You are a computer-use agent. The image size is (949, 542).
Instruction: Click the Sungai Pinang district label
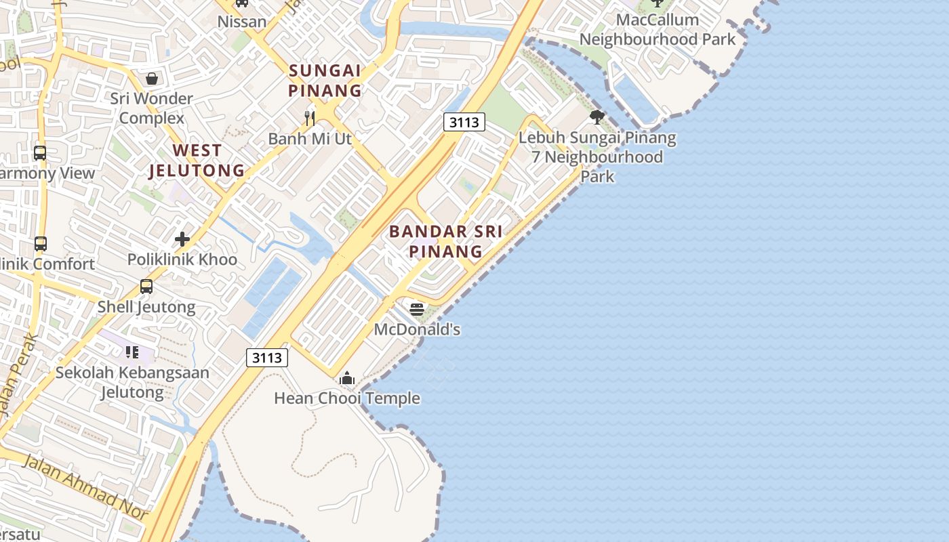point(325,80)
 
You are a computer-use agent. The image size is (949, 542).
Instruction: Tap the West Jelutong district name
point(197,161)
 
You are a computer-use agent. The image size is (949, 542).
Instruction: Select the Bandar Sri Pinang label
point(445,241)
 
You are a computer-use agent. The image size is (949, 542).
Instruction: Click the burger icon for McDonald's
point(417,310)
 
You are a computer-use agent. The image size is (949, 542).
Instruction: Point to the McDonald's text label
point(417,330)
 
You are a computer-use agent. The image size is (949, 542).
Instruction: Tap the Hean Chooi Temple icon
point(347,378)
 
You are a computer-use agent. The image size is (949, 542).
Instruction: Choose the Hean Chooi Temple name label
point(347,398)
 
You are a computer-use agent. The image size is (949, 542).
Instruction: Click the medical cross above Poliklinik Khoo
point(182,239)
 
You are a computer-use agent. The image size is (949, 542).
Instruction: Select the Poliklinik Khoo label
point(182,259)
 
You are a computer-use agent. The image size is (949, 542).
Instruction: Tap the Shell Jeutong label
point(146,307)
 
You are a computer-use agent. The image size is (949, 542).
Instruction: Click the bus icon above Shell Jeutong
point(146,287)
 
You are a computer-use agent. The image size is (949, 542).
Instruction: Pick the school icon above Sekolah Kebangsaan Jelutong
point(132,352)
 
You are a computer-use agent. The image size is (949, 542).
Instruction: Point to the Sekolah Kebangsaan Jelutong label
point(132,382)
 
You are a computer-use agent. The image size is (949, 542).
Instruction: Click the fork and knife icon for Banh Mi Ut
point(310,119)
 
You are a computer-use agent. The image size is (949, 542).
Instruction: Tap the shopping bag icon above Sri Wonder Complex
point(152,79)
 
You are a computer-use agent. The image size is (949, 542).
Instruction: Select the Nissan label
point(242,22)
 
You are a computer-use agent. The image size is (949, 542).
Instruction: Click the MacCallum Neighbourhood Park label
point(657,30)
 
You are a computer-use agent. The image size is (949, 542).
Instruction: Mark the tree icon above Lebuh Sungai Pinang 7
point(597,117)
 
